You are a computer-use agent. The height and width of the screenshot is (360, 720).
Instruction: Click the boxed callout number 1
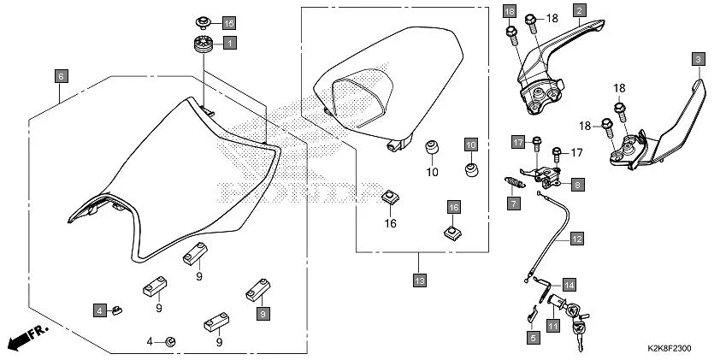click(229, 41)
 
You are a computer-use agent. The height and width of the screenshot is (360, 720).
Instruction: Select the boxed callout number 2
click(579, 11)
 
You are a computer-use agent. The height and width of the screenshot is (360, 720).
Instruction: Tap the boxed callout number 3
click(698, 59)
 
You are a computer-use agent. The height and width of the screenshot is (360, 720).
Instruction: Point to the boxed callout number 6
click(61, 75)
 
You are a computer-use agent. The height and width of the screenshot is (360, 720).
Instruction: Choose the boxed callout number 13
click(418, 280)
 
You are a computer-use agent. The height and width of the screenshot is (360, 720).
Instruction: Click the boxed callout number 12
click(577, 239)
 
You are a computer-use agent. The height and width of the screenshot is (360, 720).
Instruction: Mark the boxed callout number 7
click(512, 204)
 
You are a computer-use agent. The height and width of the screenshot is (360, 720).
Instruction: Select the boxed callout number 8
click(577, 184)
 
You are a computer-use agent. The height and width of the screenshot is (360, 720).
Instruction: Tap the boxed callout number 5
click(533, 339)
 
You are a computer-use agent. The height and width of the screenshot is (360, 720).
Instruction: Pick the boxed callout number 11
click(553, 326)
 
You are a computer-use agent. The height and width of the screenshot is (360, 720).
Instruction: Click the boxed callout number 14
click(569, 284)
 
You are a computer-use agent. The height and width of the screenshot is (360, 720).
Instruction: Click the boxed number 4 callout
click(99, 309)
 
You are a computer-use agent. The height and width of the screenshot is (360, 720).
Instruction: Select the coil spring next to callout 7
click(512, 183)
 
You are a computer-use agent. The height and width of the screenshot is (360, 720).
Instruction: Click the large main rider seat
click(171, 180)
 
